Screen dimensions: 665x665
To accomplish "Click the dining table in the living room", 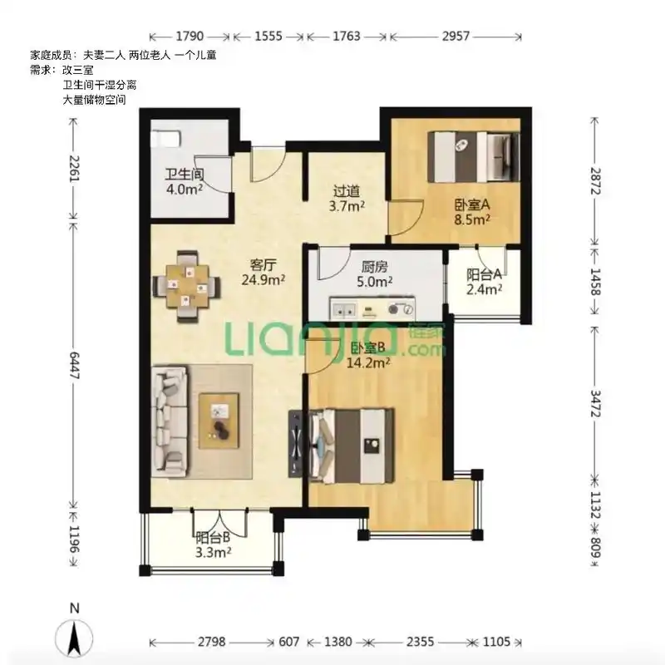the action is (187, 287).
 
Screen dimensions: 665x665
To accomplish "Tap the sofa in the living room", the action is (170, 421).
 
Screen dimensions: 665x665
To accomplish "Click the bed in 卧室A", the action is (474, 157).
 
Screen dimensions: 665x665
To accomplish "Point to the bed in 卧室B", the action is (352, 446).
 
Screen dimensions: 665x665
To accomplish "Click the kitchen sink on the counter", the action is (343, 310).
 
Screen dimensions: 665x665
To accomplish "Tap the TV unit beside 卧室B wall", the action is (295, 443).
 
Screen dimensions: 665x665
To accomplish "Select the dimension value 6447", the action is (75, 365).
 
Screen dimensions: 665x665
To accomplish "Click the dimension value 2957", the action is (456, 37).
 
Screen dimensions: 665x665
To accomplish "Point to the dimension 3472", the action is (595, 404).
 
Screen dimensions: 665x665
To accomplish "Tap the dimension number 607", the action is (288, 642).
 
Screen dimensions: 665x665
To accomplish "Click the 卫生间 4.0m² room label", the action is (184, 181).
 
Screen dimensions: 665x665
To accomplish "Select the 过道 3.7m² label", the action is (347, 199).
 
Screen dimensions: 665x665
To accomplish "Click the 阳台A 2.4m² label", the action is (485, 282).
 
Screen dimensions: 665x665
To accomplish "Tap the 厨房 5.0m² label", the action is (375, 274).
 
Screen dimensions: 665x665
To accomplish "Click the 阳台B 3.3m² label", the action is (213, 545).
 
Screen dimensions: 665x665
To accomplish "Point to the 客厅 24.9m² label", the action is (263, 273).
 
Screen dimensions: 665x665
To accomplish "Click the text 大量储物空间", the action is (94, 100).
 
